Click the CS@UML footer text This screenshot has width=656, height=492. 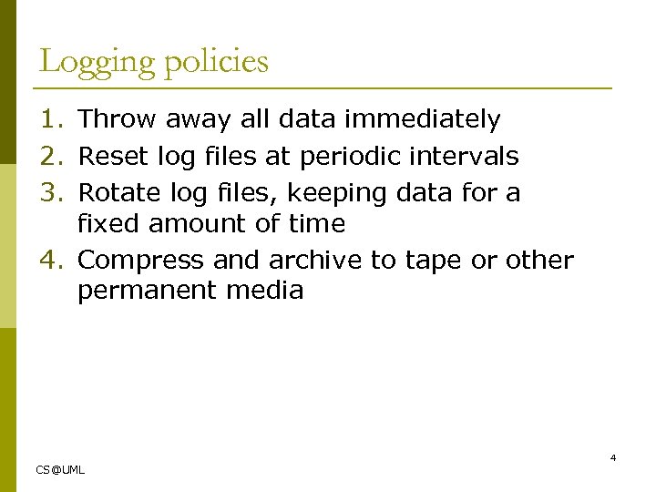point(60,469)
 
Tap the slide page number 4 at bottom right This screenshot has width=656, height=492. point(613,457)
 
